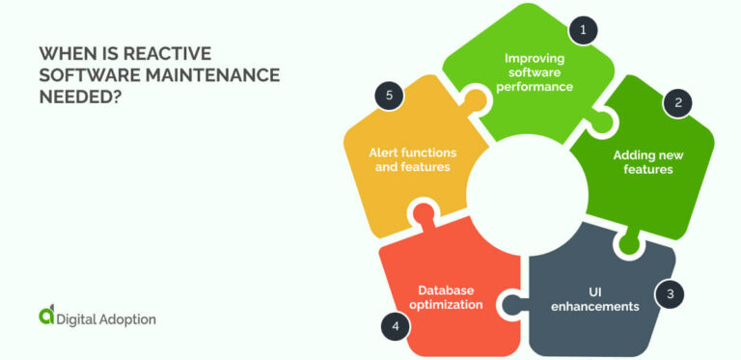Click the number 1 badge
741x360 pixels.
(582, 31)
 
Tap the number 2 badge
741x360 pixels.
(677, 103)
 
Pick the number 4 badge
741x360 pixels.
(396, 326)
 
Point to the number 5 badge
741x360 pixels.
(388, 96)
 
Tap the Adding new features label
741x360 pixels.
(643, 162)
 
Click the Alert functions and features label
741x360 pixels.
(412, 159)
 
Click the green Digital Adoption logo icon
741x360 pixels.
(47, 315)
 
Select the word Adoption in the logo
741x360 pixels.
(126, 318)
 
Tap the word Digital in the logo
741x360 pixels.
(76, 318)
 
